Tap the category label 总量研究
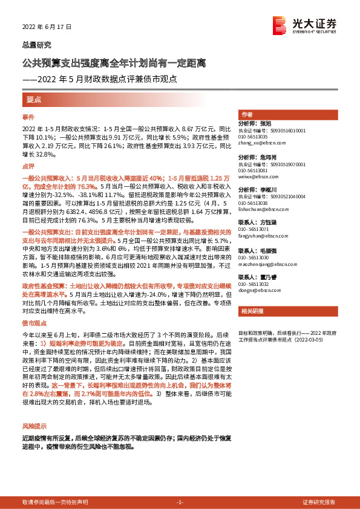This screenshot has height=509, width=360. (37, 45)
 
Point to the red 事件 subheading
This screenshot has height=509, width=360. (28, 116)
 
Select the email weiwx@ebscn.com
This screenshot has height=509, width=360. (260, 178)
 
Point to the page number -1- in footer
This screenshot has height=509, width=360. (180, 502)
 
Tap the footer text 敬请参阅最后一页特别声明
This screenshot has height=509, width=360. (55, 502)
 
